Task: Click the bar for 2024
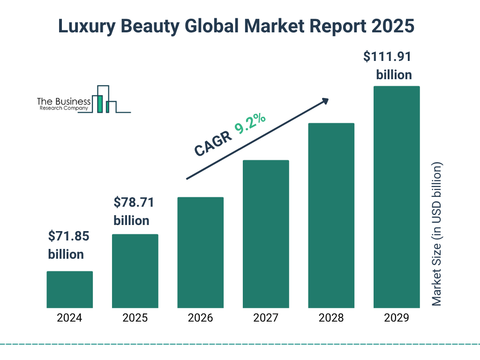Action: click(x=69, y=289)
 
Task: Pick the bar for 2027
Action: click(x=266, y=234)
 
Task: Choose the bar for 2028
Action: click(x=331, y=216)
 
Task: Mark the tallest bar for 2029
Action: click(x=397, y=197)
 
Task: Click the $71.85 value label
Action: click(x=68, y=236)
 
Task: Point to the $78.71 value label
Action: click(x=134, y=203)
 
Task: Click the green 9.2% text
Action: click(x=250, y=124)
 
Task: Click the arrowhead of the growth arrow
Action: click(x=325, y=101)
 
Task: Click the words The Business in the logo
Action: click(x=64, y=101)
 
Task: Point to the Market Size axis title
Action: click(x=437, y=234)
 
